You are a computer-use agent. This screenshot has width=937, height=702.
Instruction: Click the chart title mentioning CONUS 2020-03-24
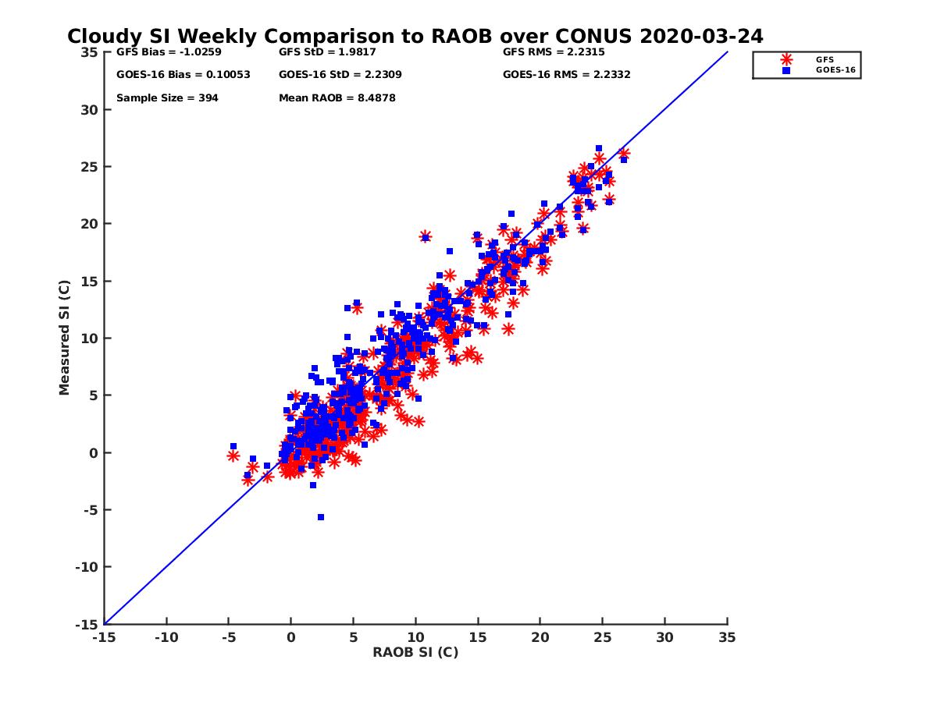[x=415, y=37]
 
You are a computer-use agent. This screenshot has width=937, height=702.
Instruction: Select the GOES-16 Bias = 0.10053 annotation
[x=173, y=75]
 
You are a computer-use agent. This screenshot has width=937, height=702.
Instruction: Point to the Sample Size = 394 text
[x=167, y=98]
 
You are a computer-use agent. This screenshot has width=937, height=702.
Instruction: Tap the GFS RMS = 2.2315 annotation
[x=554, y=53]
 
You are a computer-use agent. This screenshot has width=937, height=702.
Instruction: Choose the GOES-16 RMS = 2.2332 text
[x=566, y=75]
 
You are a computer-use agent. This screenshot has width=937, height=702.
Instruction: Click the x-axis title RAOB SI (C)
[x=415, y=652]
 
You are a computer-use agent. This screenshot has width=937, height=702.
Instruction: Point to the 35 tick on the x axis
[x=727, y=637]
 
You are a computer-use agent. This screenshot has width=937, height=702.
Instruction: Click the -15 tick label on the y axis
[x=87, y=624]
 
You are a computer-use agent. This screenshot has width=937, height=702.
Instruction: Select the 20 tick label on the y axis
[x=90, y=224]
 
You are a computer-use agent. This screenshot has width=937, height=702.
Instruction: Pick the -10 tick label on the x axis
[x=166, y=637]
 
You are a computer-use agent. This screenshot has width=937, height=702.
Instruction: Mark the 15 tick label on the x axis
[x=478, y=637]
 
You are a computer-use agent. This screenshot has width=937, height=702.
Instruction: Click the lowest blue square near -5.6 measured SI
[x=320, y=517]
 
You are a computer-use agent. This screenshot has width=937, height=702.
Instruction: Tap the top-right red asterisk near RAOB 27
[x=624, y=154]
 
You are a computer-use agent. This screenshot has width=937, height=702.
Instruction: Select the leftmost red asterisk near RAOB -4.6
[x=233, y=456]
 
